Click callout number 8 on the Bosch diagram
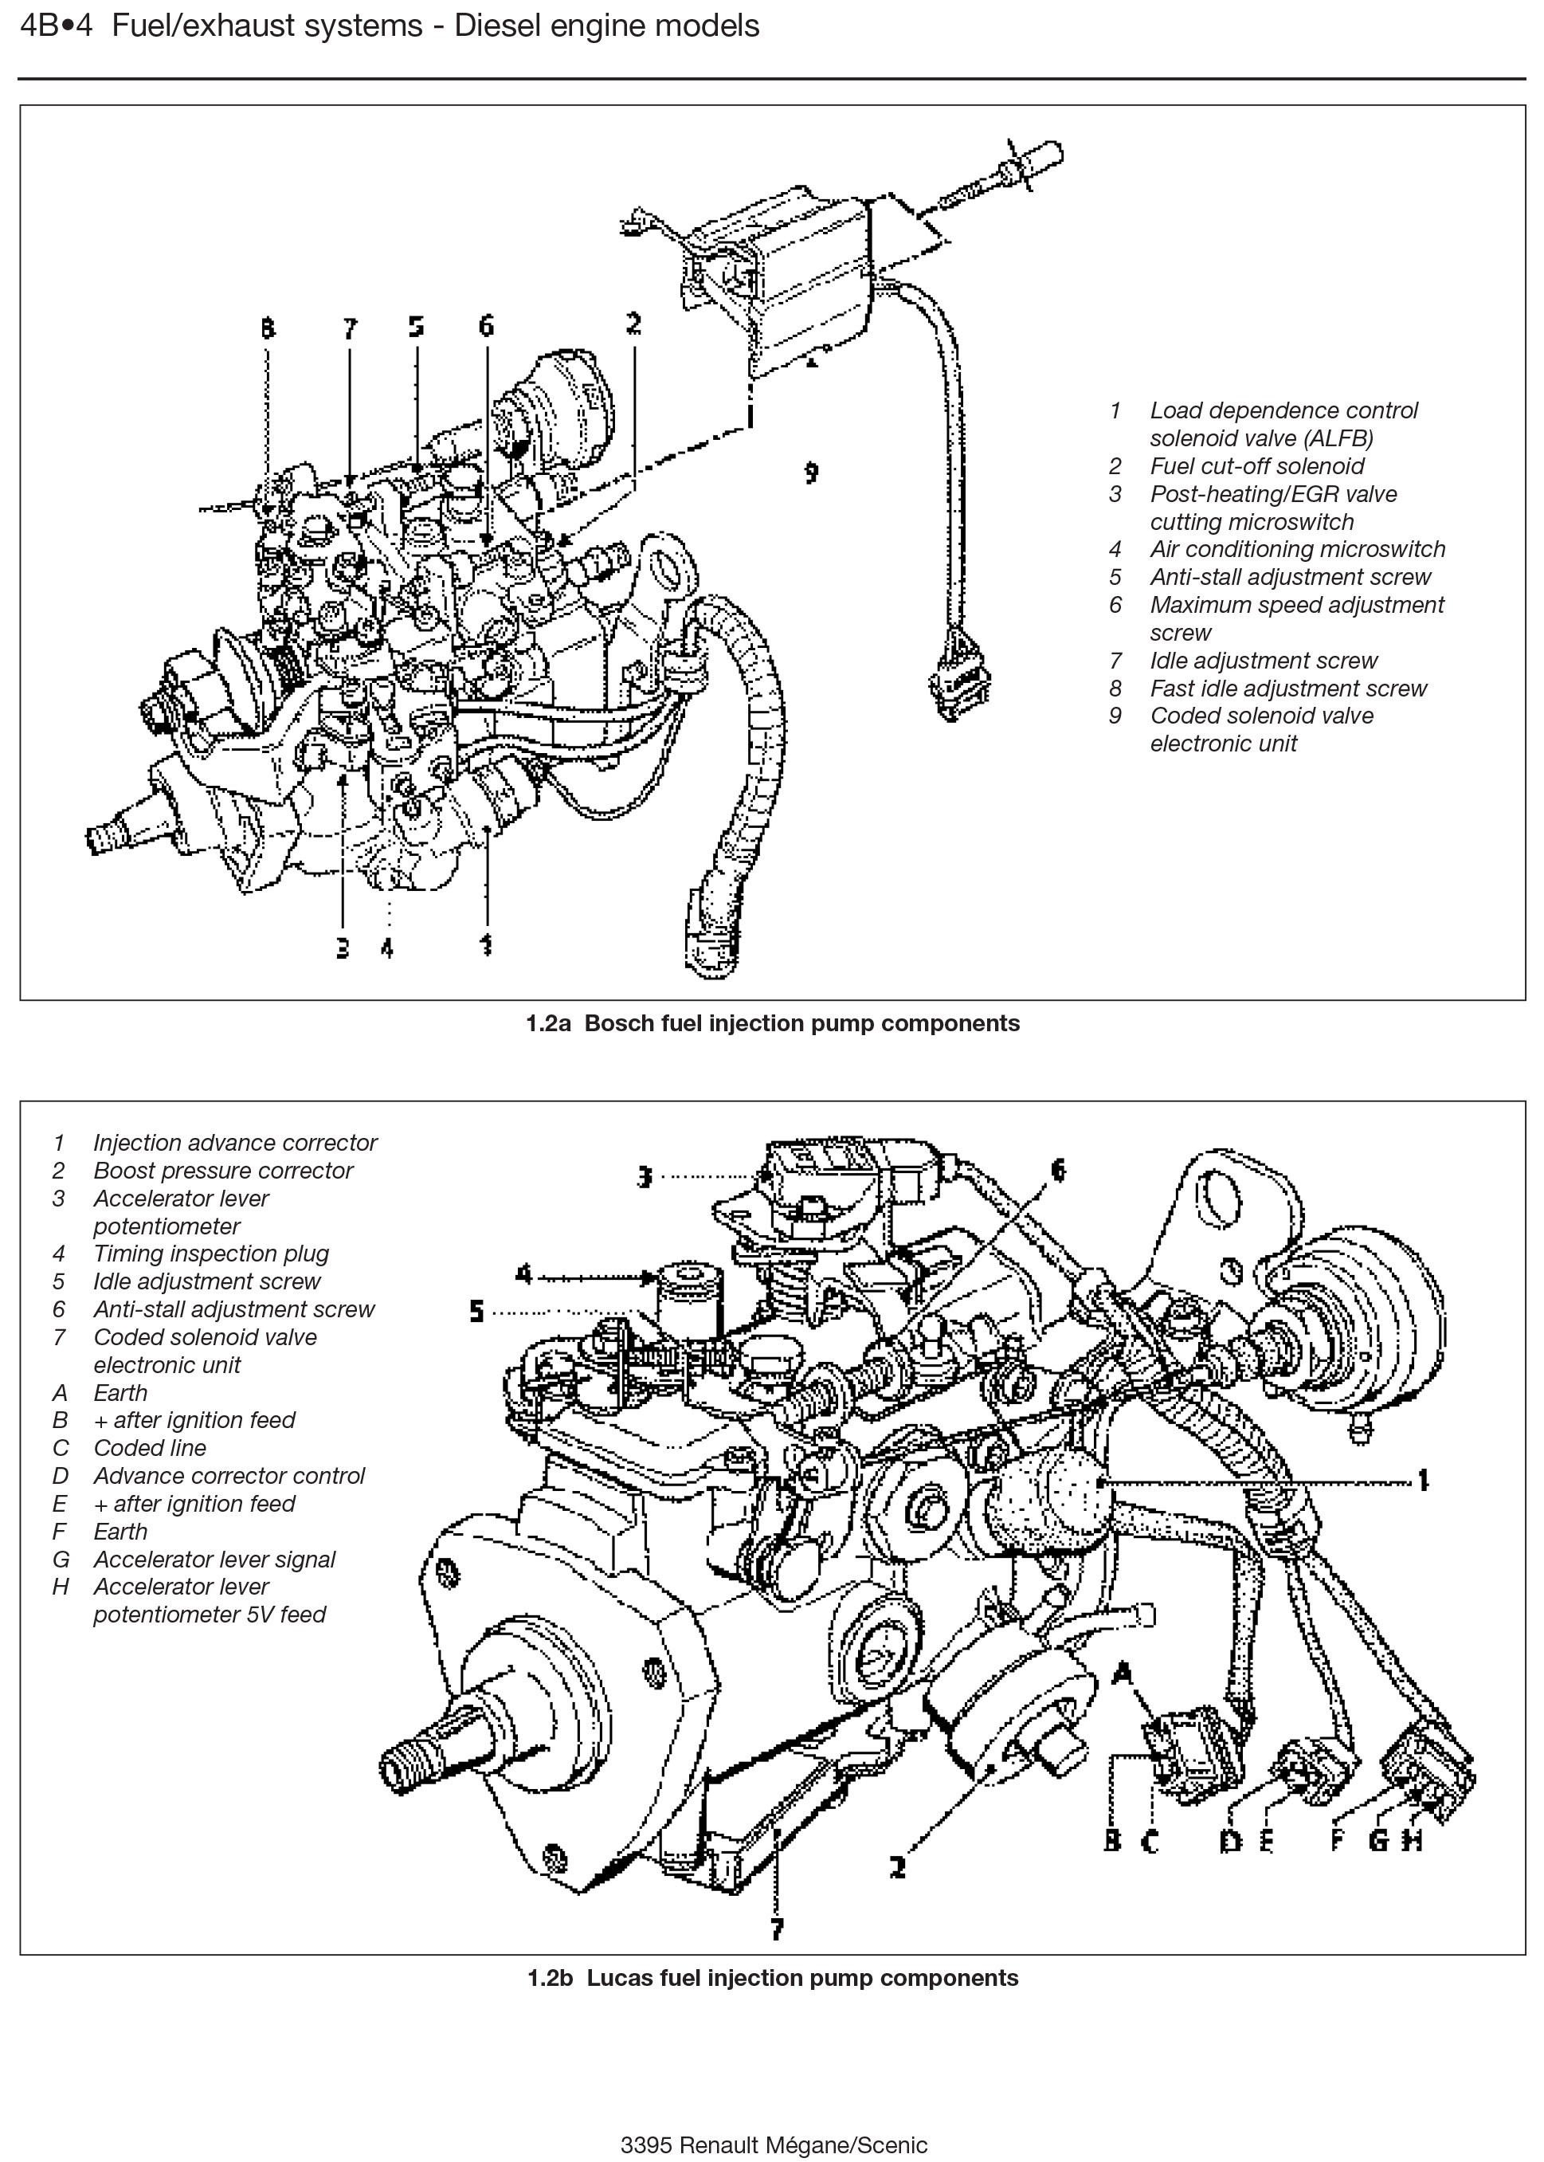[x=267, y=328]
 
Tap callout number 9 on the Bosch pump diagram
[x=811, y=473]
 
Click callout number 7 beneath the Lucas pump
[x=778, y=1929]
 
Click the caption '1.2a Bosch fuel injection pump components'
[x=772, y=1023]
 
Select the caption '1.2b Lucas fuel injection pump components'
[x=772, y=1978]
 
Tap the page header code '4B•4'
[x=56, y=26]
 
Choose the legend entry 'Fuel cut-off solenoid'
[x=1256, y=466]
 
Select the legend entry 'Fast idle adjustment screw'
[x=1288, y=689]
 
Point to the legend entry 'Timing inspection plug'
[x=210, y=1253]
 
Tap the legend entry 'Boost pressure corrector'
[x=222, y=1171]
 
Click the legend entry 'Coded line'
[x=149, y=1448]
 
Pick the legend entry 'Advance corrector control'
[x=228, y=1476]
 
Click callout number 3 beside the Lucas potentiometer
[x=645, y=1176]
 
